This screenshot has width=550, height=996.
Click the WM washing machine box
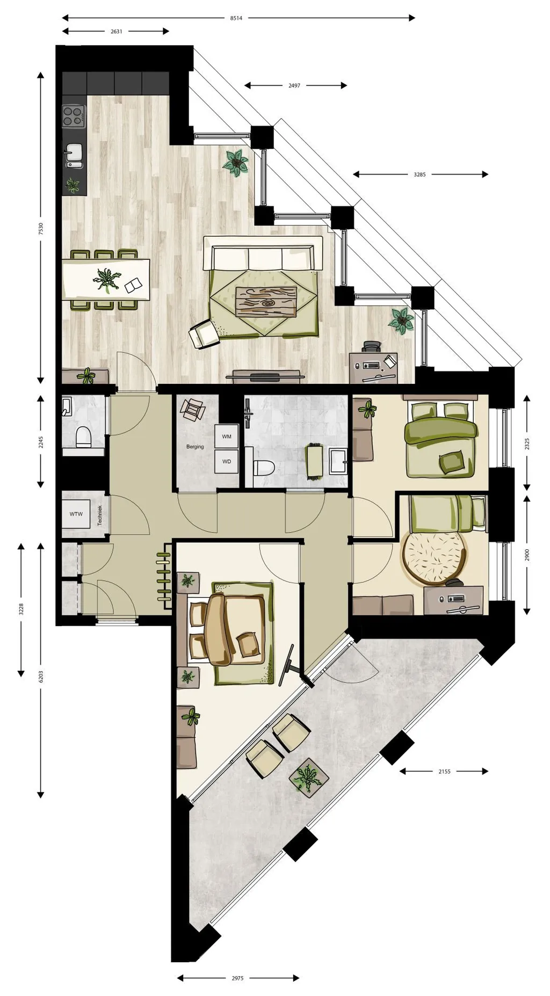pyautogui.click(x=226, y=437)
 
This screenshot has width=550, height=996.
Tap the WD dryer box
pyautogui.click(x=226, y=461)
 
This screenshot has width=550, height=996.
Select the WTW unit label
pyautogui.click(x=76, y=514)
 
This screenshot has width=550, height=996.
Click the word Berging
pyautogui.click(x=195, y=447)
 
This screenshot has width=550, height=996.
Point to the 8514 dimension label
pyautogui.click(x=236, y=18)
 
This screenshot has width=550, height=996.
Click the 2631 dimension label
pyautogui.click(x=117, y=32)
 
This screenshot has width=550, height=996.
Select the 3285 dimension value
pyautogui.click(x=419, y=175)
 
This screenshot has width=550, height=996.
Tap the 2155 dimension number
pyautogui.click(x=444, y=772)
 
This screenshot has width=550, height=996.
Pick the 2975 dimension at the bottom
pyautogui.click(x=237, y=978)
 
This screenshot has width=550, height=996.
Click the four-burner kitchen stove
pyautogui.click(x=74, y=115)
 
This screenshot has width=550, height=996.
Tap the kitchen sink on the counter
pyautogui.click(x=74, y=154)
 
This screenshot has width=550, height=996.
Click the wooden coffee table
pyautogui.click(x=266, y=302)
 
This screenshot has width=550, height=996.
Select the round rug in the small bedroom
pyautogui.click(x=434, y=558)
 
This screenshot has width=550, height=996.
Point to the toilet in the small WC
pyautogui.click(x=84, y=437)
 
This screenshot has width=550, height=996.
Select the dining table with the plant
pyautogui.click(x=106, y=280)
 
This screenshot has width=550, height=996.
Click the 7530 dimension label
pyautogui.click(x=41, y=229)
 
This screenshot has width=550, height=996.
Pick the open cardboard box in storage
pyautogui.click(x=192, y=410)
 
